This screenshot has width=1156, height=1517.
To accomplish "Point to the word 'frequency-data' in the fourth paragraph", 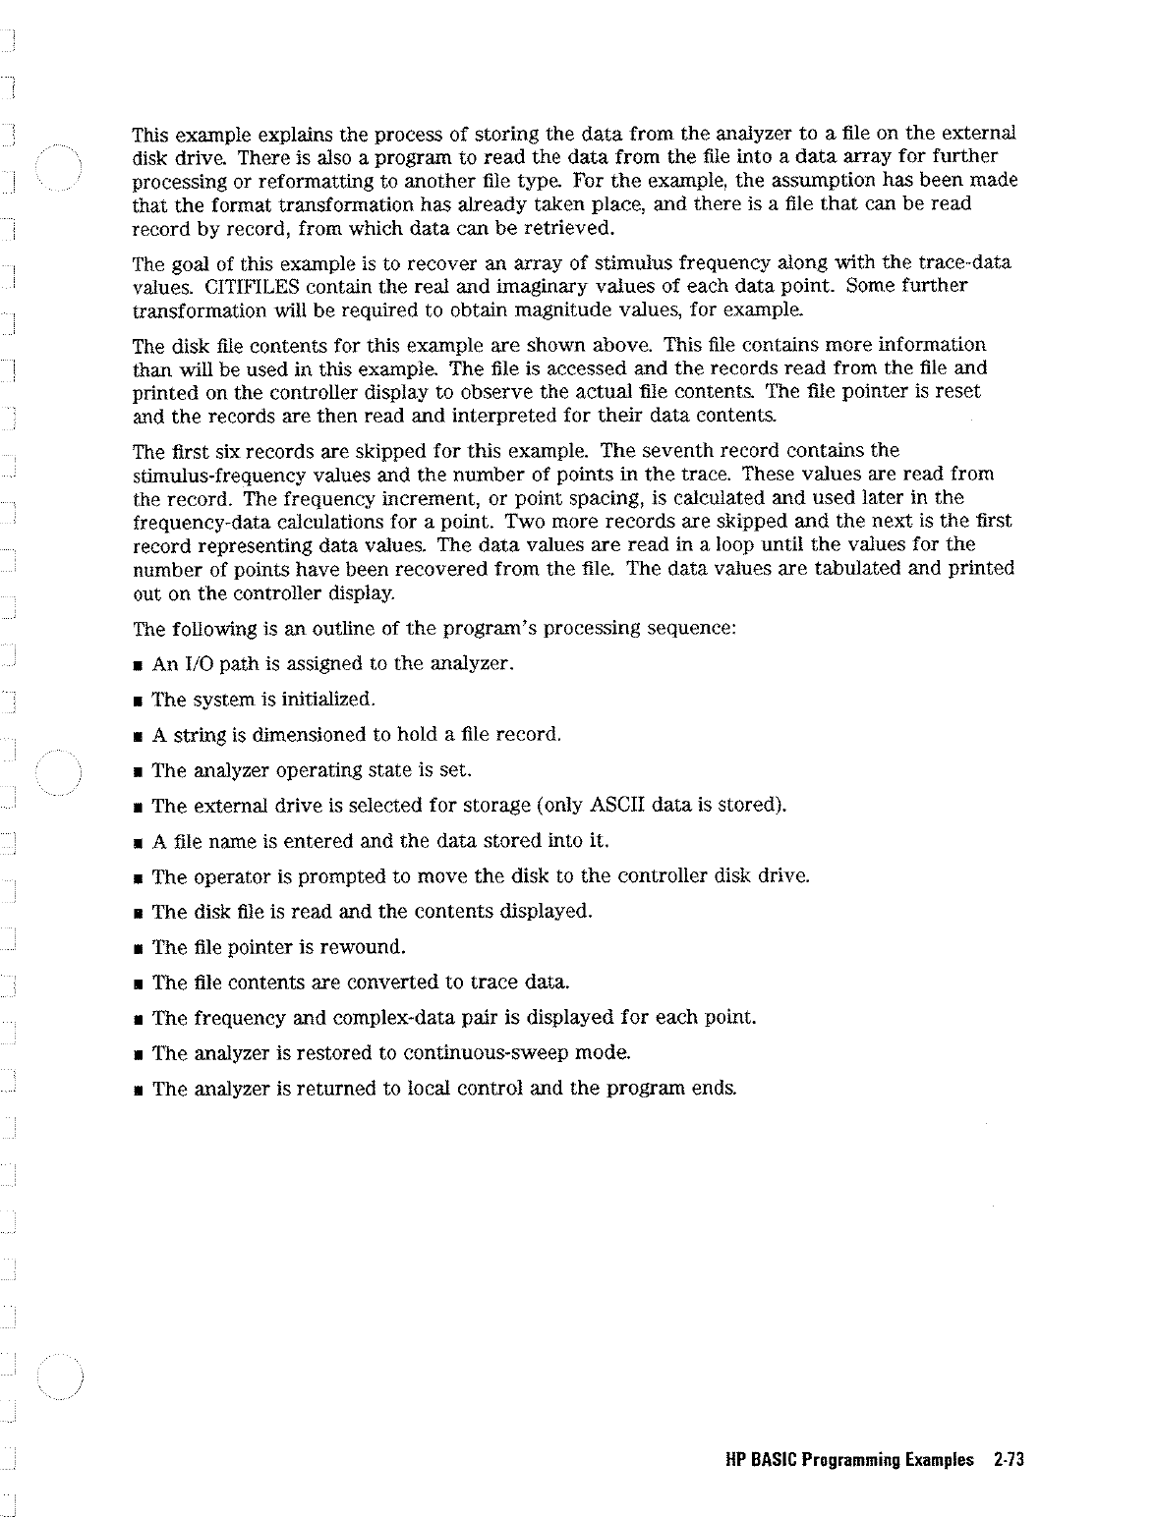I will pyautogui.click(x=192, y=522).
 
